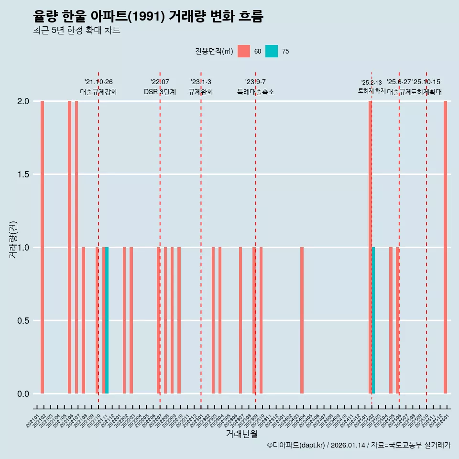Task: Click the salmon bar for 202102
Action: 42,247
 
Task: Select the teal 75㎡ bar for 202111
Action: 107,320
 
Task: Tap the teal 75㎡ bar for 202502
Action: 373,320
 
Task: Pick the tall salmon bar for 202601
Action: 445,247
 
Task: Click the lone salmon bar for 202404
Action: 302,320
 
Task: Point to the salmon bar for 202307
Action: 240,320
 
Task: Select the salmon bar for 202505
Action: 391,320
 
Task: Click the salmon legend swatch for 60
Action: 244,51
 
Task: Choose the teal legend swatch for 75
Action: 272,51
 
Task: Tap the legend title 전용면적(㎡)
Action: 214,51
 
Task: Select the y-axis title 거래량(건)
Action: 13,239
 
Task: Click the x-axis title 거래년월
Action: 241,434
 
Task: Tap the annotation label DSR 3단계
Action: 160,92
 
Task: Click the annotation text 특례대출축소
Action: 255,92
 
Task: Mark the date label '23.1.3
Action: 201,82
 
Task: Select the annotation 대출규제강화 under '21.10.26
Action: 98,92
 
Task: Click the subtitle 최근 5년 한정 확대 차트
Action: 76,31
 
